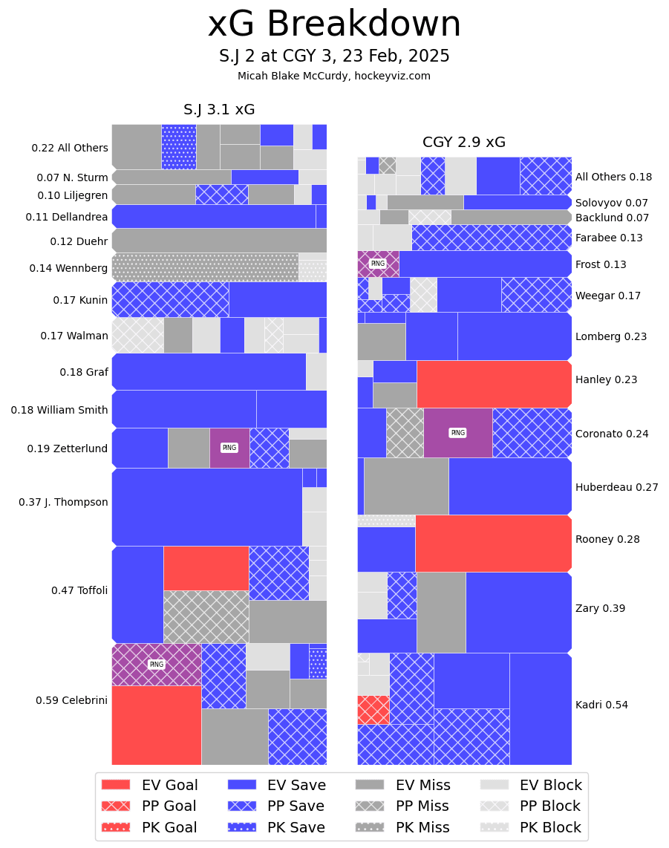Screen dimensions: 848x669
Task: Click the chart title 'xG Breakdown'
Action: click(334, 25)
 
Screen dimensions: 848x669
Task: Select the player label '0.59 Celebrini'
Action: click(71, 700)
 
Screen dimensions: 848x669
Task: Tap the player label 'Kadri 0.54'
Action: click(601, 705)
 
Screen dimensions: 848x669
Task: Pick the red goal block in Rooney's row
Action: click(493, 543)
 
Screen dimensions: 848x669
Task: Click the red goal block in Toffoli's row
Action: click(206, 568)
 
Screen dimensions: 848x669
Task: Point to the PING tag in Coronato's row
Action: click(457, 433)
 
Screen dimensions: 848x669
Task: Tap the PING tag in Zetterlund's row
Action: click(229, 448)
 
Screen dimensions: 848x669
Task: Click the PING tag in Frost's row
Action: click(378, 264)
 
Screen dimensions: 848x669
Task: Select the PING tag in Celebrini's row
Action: click(156, 665)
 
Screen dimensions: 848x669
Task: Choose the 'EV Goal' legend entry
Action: click(149, 785)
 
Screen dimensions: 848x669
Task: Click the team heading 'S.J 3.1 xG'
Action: click(219, 110)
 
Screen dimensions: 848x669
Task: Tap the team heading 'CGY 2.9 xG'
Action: click(464, 143)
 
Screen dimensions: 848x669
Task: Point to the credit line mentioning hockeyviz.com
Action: click(334, 76)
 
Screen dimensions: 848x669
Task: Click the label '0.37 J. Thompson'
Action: click(63, 502)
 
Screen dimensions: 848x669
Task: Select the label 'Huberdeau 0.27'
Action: click(616, 487)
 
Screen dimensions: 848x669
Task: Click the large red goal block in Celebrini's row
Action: click(156, 725)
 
